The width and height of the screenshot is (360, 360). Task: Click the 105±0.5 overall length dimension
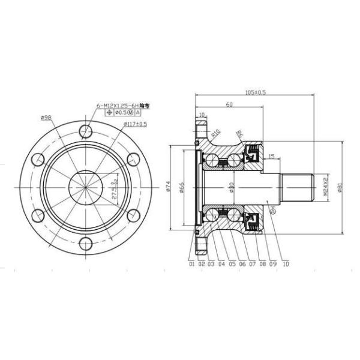pyautogui.click(x=256, y=92)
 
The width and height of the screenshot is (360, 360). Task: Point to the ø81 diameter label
pyautogui.click(x=340, y=187)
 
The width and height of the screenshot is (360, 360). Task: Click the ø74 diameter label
pyautogui.click(x=169, y=187)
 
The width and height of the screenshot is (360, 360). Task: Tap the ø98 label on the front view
pyautogui.click(x=46, y=117)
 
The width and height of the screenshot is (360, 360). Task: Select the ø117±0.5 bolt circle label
pyautogui.click(x=135, y=124)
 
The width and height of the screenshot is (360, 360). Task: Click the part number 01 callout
pyautogui.click(x=191, y=263)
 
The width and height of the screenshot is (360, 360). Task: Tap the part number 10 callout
pyautogui.click(x=285, y=263)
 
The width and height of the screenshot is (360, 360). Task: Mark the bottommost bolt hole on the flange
pyautogui.click(x=86, y=242)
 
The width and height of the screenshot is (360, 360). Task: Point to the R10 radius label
pyautogui.click(x=216, y=133)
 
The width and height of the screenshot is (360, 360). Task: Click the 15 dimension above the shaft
pyautogui.click(x=271, y=157)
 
